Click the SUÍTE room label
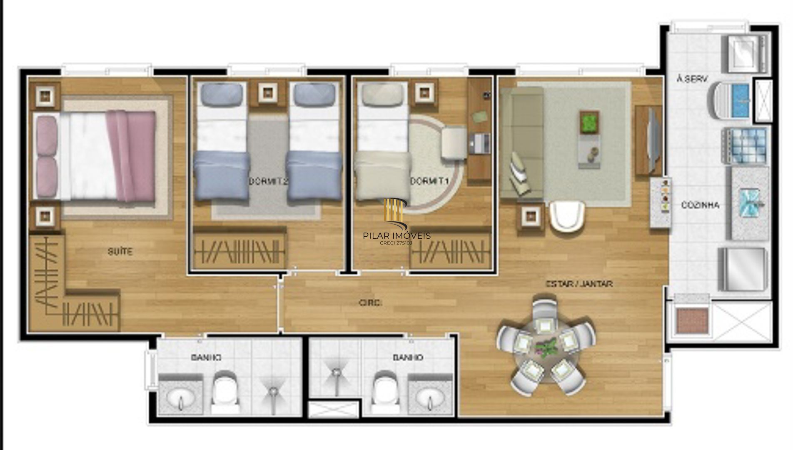(120, 252)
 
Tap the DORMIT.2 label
(269, 181)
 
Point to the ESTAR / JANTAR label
(579, 284)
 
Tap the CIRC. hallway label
(370, 303)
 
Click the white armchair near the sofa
(567, 215)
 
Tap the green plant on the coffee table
(589, 122)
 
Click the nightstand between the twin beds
(266, 93)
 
